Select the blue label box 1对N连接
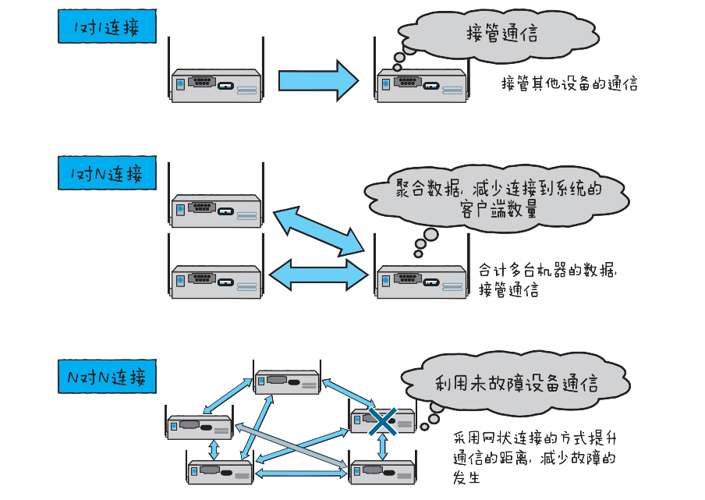107,173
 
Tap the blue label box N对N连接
107,377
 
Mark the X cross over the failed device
383,421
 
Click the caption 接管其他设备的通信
569,84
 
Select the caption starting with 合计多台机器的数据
549,280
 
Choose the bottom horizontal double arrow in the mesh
301,473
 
